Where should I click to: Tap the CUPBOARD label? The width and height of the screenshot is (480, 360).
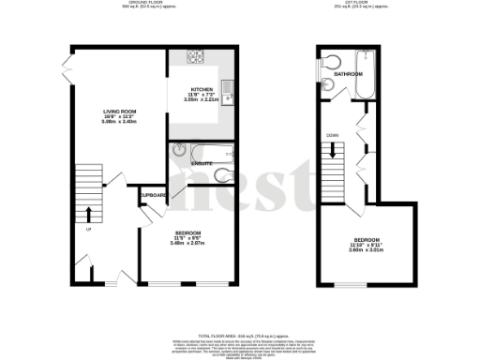point(153,195)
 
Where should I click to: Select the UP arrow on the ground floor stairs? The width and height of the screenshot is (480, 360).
point(89,213)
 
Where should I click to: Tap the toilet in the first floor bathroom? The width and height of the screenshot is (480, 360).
point(335,64)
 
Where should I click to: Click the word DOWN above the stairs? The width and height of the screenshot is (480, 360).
point(332,135)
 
